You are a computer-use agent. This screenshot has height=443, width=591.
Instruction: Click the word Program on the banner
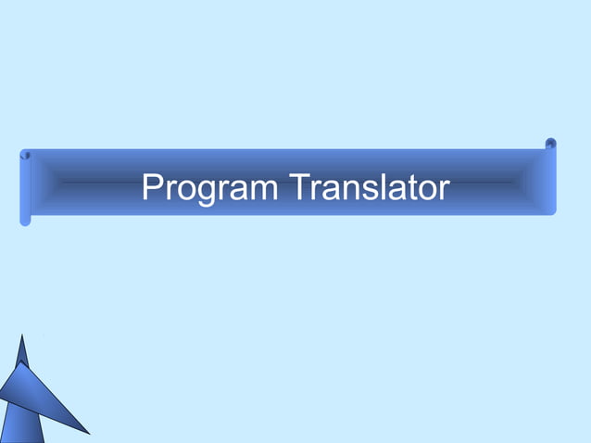point(209,188)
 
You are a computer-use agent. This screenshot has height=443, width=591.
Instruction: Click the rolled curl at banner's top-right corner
point(550,144)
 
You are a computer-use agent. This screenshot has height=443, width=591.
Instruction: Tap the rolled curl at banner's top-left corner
point(26,155)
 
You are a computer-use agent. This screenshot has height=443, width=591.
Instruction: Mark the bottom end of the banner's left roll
point(25,221)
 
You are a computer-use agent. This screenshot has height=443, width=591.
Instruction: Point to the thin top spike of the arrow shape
point(23,347)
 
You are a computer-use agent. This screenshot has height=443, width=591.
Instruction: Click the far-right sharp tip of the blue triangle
point(88,433)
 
